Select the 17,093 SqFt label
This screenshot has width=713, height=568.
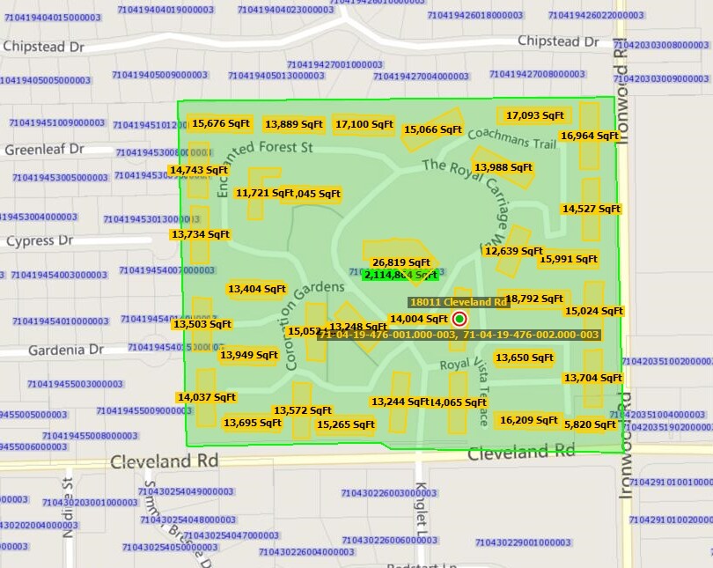(535, 114)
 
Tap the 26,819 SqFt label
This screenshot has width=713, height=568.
(401, 262)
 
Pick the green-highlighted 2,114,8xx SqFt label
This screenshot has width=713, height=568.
(401, 275)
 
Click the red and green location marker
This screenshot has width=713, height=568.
(459, 319)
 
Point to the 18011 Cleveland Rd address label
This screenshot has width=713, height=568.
(459, 302)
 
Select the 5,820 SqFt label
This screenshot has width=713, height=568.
(590, 424)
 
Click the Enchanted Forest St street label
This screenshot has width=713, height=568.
(263, 159)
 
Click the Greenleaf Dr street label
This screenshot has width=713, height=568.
(45, 150)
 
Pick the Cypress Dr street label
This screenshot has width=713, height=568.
(40, 240)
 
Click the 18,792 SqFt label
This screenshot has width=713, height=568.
(534, 299)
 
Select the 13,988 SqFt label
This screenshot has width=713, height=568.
(504, 167)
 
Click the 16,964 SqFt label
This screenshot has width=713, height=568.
(590, 136)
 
